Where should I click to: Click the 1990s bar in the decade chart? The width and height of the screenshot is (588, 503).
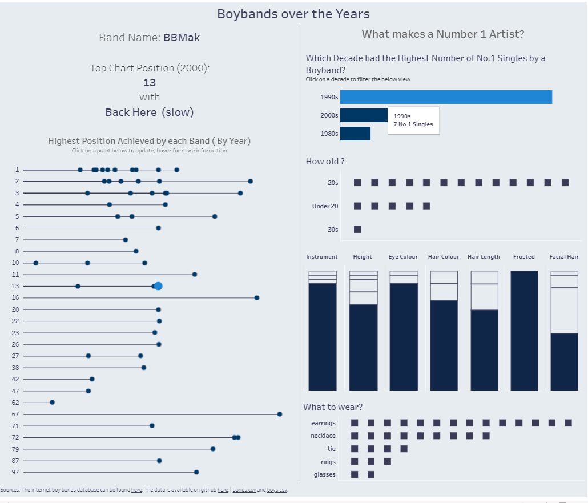(x=445, y=97)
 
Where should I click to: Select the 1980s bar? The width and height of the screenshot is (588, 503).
(x=355, y=134)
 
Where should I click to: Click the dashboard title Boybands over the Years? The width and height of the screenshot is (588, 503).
(x=293, y=14)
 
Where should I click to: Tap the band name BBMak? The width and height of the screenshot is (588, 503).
(x=182, y=38)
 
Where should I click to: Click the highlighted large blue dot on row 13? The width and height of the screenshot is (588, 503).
(x=158, y=286)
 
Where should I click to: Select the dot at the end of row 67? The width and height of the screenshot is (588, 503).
(x=280, y=414)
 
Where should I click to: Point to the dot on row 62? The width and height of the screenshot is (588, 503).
(x=52, y=403)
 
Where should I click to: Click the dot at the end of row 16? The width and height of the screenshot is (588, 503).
(x=257, y=297)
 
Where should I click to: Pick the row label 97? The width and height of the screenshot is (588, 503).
(x=15, y=472)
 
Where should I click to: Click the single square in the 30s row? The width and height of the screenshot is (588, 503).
(x=357, y=230)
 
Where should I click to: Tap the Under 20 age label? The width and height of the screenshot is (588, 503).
(x=325, y=206)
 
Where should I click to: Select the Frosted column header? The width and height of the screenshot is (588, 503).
(x=523, y=257)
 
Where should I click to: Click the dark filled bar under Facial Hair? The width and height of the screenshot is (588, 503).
(x=564, y=361)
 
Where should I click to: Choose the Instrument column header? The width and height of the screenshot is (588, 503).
(x=322, y=257)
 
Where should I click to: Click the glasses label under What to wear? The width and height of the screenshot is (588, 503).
(x=324, y=474)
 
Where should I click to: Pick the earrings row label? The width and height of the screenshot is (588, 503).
(x=323, y=423)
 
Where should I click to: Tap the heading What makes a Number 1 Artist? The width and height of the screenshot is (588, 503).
(x=443, y=34)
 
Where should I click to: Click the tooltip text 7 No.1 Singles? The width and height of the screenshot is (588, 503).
(x=413, y=124)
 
